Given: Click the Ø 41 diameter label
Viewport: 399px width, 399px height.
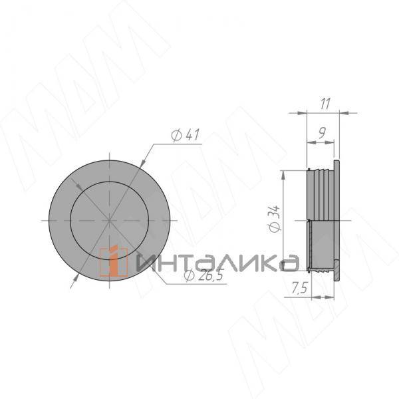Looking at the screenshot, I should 186,135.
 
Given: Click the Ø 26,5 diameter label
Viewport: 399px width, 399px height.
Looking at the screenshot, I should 203,277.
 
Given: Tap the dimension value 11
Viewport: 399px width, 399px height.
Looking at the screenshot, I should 325,104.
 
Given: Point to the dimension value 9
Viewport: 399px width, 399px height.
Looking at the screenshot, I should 321,133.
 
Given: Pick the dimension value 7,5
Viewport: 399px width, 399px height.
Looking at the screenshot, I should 299,289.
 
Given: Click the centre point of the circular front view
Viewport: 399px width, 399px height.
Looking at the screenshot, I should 108,219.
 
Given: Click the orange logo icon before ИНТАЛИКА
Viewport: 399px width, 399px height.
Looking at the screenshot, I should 114,261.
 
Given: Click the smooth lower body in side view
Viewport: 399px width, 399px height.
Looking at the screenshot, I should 324,245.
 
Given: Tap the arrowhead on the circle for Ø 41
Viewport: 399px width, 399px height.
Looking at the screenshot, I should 142,164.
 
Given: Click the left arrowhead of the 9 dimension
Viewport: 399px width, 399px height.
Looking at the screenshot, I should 307,142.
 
